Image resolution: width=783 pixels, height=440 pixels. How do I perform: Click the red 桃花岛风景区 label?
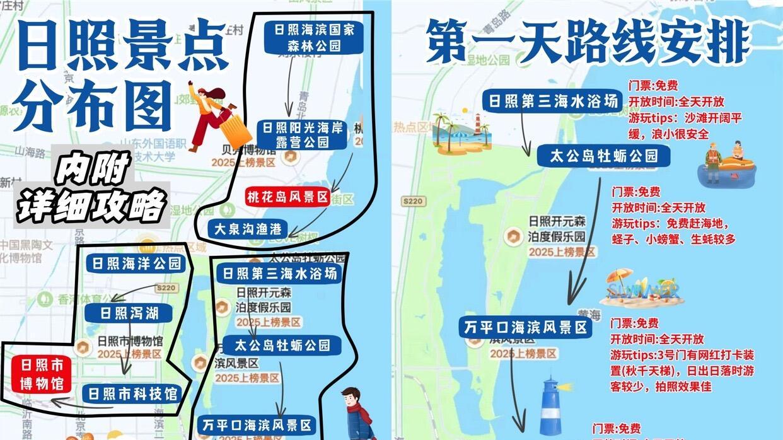click(x=288, y=197)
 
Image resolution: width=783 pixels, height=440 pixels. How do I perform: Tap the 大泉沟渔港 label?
click(x=248, y=228)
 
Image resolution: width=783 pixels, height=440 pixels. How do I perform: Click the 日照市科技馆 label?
click(x=132, y=394)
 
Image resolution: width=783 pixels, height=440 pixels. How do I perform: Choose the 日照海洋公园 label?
click(x=136, y=263)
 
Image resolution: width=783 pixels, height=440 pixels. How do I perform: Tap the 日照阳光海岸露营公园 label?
click(x=303, y=135)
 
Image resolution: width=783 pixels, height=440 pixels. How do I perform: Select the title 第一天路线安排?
click(x=587, y=40)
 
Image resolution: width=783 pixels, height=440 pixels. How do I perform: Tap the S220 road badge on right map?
click(x=414, y=200)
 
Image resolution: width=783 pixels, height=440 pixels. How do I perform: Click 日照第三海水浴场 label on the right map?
click(x=552, y=101)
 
